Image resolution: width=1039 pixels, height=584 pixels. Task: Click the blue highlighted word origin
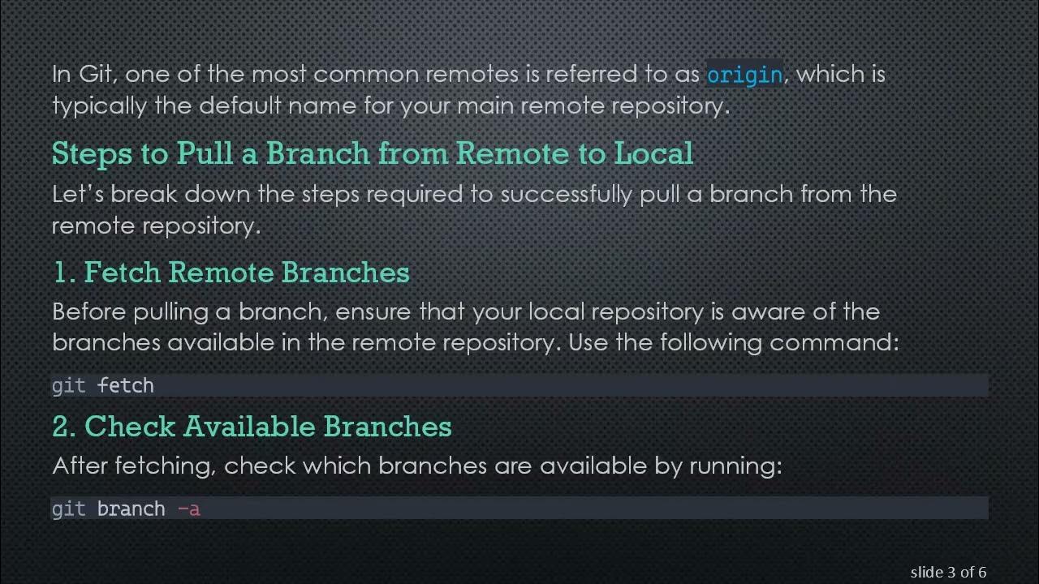click(744, 75)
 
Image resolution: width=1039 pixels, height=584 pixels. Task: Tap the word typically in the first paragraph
click(100, 106)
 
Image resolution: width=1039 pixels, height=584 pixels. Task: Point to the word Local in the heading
click(653, 153)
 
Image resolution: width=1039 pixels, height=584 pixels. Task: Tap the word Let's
click(78, 195)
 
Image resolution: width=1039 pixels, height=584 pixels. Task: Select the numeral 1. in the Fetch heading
click(63, 273)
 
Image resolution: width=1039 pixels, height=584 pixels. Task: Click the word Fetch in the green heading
click(123, 273)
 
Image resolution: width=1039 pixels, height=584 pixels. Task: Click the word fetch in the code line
click(126, 385)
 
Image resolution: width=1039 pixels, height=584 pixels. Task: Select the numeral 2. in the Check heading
click(64, 427)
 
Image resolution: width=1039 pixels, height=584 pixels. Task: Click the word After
click(80, 466)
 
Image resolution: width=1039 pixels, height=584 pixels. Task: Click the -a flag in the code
click(188, 509)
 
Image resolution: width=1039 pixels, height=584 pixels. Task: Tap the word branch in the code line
click(131, 509)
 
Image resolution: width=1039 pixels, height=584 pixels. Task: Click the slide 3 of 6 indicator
click(948, 573)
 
